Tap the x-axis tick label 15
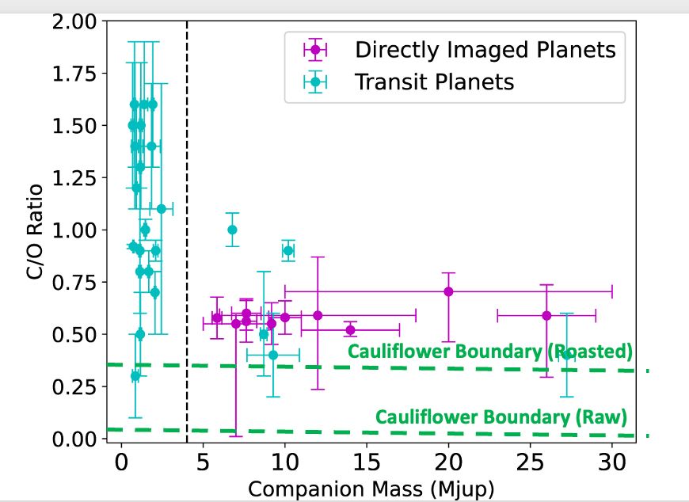click(366, 461)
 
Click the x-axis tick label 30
click(611, 461)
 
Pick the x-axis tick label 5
click(203, 461)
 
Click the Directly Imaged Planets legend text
click(485, 50)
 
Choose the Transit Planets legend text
click(435, 81)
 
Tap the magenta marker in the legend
click(315, 50)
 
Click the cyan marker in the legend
click(315, 81)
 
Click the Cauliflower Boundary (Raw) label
click(501, 416)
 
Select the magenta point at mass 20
click(448, 291)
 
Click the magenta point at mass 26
click(546, 315)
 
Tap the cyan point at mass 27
click(566, 355)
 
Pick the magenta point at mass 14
click(350, 329)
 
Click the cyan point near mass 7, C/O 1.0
click(232, 230)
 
